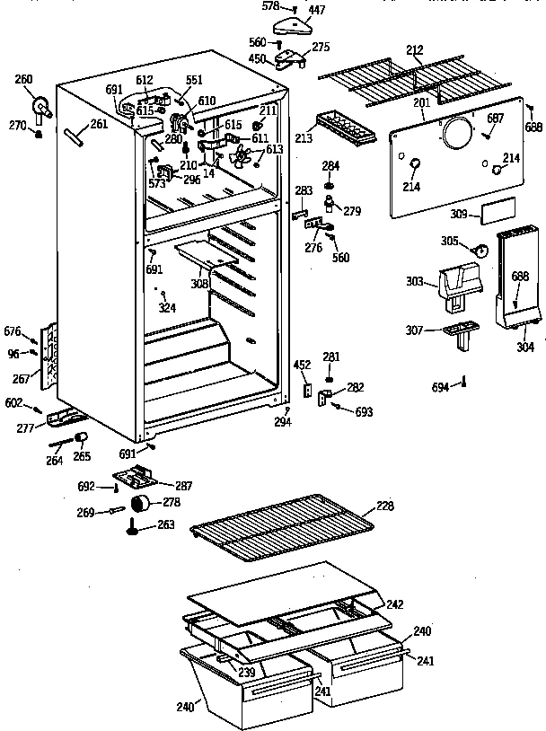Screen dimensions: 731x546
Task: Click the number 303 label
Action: click(x=415, y=282)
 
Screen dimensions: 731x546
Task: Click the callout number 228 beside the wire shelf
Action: click(x=384, y=506)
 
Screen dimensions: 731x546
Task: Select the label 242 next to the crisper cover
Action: click(x=395, y=603)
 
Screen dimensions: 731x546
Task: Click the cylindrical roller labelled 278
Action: click(x=141, y=503)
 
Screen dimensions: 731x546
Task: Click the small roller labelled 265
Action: click(x=82, y=437)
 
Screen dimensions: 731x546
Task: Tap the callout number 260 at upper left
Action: click(x=23, y=79)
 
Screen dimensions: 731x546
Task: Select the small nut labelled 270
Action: click(x=39, y=134)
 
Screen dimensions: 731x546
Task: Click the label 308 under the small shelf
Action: click(x=198, y=284)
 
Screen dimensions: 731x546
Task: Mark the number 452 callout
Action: click(x=303, y=365)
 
